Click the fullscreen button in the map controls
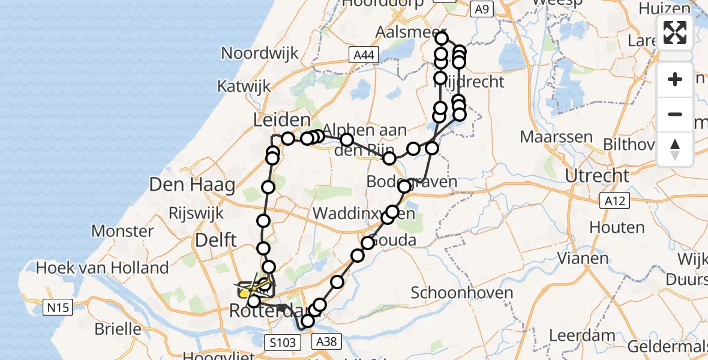(x=675, y=32)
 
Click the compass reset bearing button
(x=675, y=149)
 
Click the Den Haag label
(x=192, y=185)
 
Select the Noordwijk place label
(x=260, y=53)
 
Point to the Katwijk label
(x=244, y=86)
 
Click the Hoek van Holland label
(x=103, y=268)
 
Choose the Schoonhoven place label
(x=462, y=293)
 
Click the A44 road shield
(x=364, y=56)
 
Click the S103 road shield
(x=281, y=343)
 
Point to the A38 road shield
(x=328, y=341)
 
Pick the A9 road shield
(x=481, y=10)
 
